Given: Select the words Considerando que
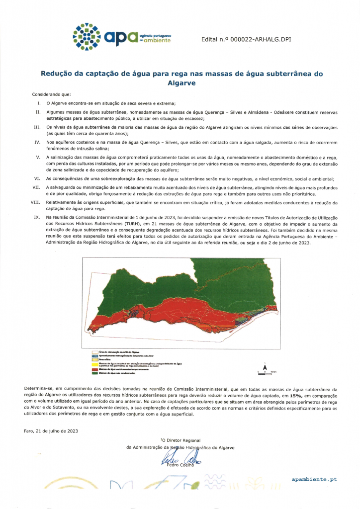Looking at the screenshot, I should click(x=51, y=94).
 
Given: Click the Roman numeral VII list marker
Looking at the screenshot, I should click(x=36, y=187).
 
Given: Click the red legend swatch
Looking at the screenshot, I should click(x=94, y=370).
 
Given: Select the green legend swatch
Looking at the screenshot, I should click(x=94, y=373).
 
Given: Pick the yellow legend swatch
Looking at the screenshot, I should click(x=94, y=364).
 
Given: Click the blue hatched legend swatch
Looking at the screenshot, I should click(x=94, y=356).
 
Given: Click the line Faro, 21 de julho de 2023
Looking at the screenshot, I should click(x=51, y=430).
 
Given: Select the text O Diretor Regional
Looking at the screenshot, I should click(x=180, y=440).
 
